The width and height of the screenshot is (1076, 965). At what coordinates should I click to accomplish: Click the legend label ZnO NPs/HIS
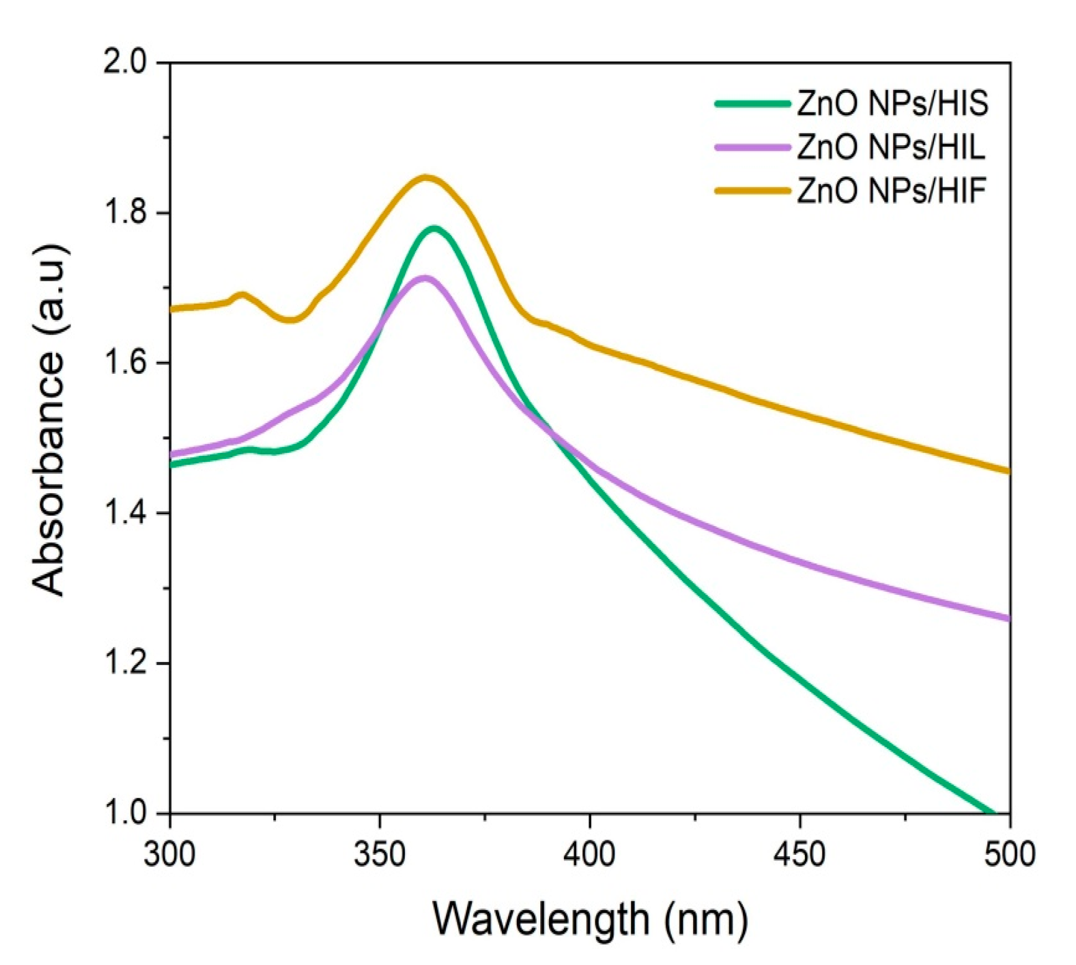tap(892, 104)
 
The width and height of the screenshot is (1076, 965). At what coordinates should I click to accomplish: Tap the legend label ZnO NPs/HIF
tap(891, 191)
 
